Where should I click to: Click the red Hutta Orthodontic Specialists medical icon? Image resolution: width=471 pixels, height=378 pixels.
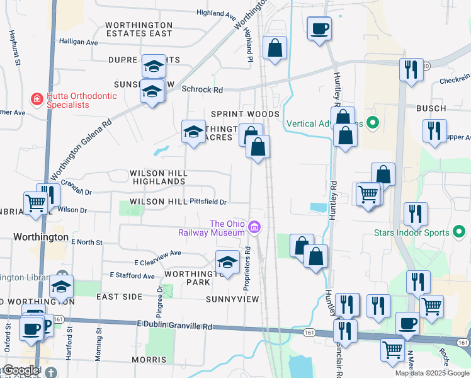(x=37, y=99)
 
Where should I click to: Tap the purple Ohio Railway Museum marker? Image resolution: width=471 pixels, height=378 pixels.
(x=254, y=227)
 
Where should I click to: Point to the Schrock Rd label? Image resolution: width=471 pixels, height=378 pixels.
(x=202, y=89)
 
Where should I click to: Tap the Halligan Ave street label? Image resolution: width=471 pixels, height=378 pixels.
(x=79, y=42)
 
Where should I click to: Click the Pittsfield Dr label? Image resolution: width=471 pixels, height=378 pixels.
(x=208, y=202)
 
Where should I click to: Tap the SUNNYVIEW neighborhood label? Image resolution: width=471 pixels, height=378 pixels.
(x=232, y=299)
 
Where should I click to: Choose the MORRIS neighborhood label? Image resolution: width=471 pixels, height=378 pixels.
(x=149, y=360)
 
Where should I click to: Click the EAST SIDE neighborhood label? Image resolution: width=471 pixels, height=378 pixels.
(x=120, y=295)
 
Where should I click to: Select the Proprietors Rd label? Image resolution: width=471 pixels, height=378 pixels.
(x=248, y=267)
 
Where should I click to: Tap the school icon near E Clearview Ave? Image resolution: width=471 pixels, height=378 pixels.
(x=227, y=263)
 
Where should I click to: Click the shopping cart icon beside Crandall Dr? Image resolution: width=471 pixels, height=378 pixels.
(x=35, y=203)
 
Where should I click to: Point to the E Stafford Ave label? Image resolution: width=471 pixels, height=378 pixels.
(x=132, y=275)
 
